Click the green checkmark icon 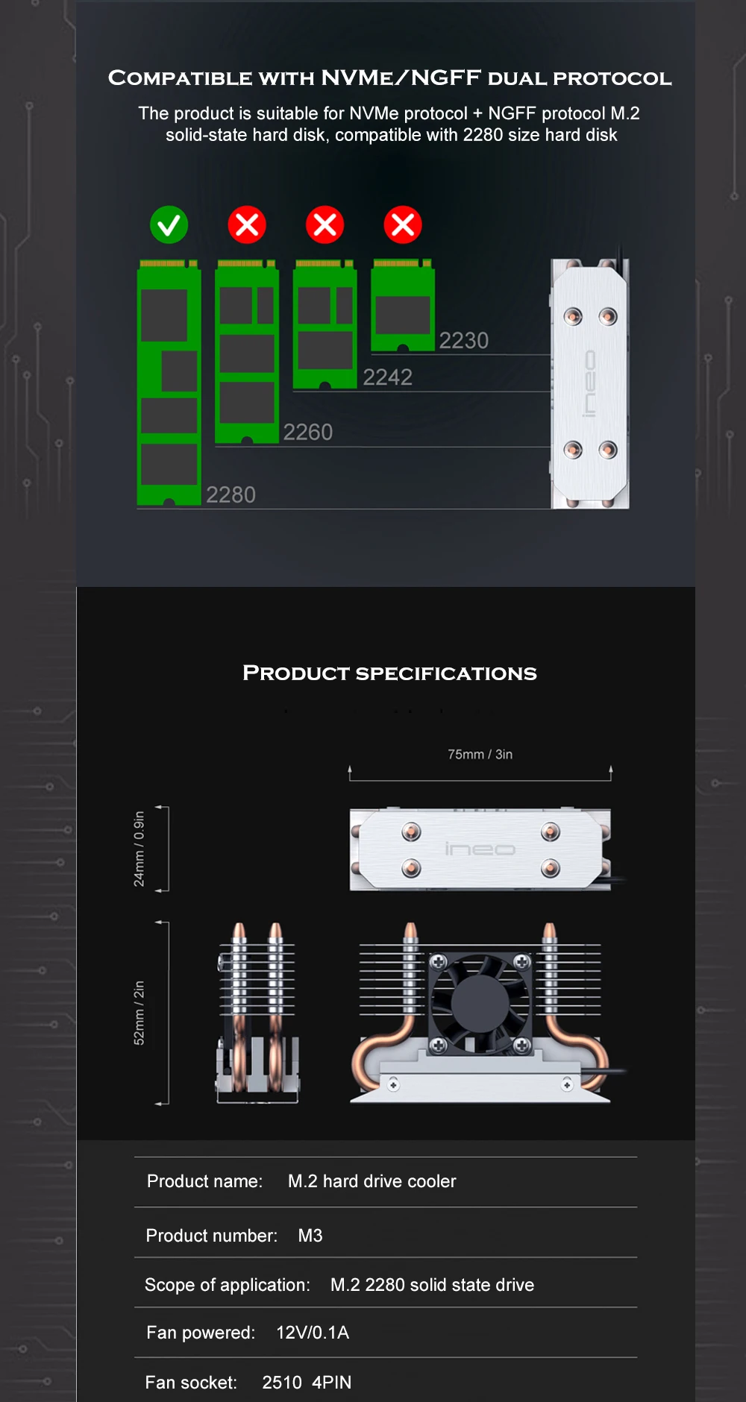point(169,224)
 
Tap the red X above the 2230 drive point(403,224)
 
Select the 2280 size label point(231,494)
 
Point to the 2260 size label point(308,432)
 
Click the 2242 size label point(388,377)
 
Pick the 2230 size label point(464,340)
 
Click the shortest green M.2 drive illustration point(403,305)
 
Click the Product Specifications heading point(389,673)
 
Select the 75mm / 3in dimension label point(480,755)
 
